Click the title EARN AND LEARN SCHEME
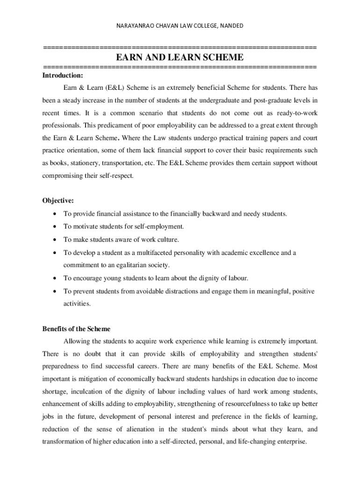180,58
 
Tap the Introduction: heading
63,75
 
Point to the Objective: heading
58,201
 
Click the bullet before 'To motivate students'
55,227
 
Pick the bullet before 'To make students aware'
55,240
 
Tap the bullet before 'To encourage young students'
55,278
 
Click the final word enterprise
290,442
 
